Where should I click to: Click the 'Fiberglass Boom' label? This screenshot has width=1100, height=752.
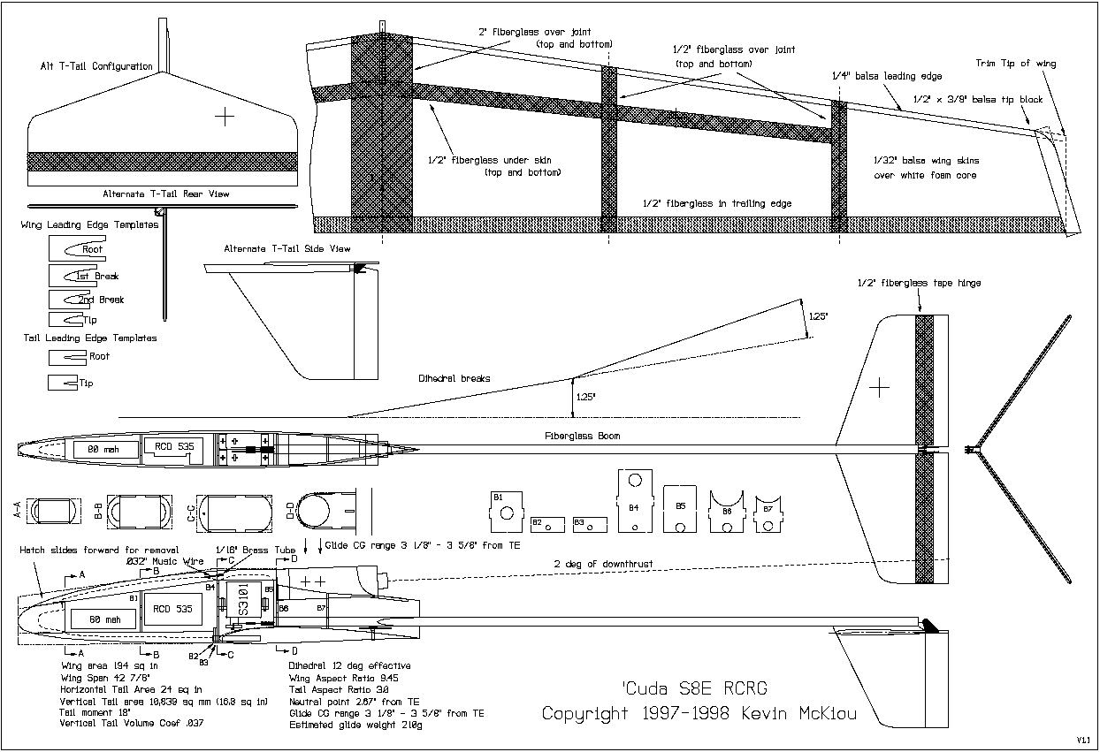coord(582,436)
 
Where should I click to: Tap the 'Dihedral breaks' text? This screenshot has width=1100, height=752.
coord(455,378)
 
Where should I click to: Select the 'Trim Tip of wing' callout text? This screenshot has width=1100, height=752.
coord(1015,64)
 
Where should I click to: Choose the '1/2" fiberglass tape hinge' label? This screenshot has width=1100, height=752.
coord(919,283)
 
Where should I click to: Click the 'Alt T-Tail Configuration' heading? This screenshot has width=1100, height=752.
coord(96,66)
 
